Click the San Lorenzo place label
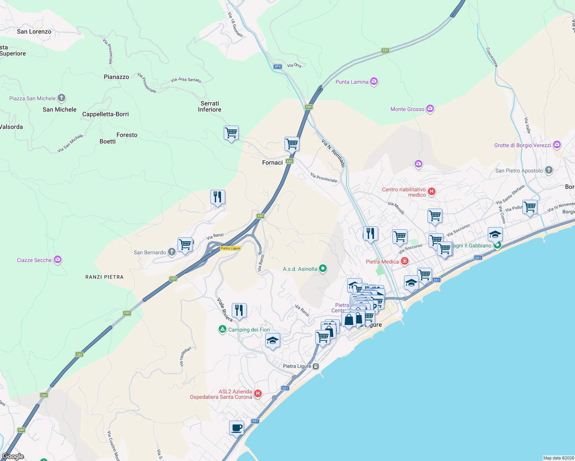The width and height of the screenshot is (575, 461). coord(34,32)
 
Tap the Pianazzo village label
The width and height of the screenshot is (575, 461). coord(116,77)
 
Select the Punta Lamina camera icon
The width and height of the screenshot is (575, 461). coord(374,81)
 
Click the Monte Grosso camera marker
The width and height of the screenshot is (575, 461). coord(430,109)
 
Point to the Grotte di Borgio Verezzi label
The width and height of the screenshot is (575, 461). coord(522,145)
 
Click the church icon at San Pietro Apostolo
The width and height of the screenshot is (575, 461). coord(549,170)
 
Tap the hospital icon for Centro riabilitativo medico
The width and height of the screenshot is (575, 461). coord(432,191)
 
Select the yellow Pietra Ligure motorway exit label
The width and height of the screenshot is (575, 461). coord(230,248)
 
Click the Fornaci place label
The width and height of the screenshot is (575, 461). coord(272,163)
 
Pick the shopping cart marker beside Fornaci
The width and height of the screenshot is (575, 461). coord(292,144)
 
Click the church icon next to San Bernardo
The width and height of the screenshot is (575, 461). coord(172,252)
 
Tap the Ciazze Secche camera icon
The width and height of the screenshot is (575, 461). coord(58,260)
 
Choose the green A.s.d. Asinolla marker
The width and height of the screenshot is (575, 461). coord(323,269)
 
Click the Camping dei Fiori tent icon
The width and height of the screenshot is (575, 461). coord(222,329)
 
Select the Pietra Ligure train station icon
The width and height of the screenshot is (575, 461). coord(316,366)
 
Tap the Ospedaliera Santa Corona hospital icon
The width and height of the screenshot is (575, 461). coord(258,394)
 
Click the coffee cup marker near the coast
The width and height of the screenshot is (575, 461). coord(236,427)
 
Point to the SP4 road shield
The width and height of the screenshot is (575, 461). coord(278,66)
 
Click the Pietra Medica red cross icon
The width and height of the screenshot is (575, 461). coord(404,261)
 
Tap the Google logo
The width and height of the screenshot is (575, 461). coord(13,456)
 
